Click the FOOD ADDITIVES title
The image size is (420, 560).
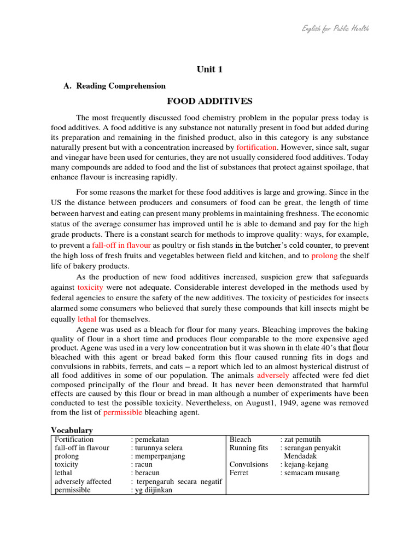209,101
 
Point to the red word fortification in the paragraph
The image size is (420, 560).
256,148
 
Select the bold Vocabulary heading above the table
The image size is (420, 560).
72,430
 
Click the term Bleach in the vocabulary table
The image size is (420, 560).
240,440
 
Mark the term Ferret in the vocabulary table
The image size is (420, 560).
240,473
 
